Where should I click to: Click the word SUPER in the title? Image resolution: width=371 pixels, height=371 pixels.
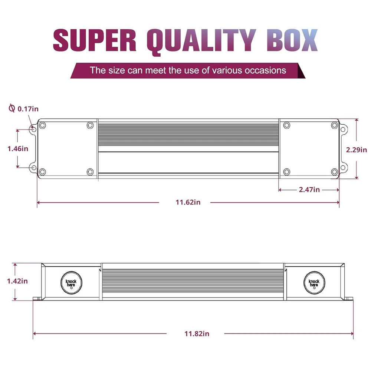tap(95, 40)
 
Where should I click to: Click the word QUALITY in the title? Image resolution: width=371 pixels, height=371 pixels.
tap(201, 42)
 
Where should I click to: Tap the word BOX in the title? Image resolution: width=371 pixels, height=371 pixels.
tap(292, 40)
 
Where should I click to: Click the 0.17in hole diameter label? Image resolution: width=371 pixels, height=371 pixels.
tap(28, 109)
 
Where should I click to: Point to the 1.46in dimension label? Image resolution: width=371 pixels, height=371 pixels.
tap(18, 149)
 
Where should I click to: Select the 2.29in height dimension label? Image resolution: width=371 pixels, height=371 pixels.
tap(357, 150)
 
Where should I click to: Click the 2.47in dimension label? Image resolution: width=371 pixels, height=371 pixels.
tap(309, 190)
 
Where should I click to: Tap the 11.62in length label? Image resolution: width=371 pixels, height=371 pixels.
tap(188, 202)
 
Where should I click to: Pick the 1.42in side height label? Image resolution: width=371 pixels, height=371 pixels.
tap(17, 281)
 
